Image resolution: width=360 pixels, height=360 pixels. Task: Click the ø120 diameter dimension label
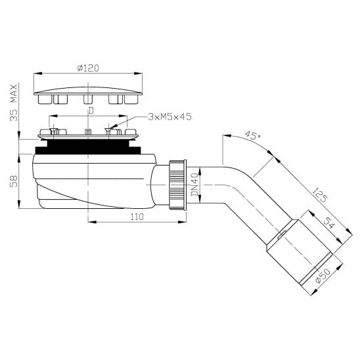88,68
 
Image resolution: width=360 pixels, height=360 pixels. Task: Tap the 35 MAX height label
14,102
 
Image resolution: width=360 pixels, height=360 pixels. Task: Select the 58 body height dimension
14,181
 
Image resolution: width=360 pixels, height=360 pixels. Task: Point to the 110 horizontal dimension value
137,217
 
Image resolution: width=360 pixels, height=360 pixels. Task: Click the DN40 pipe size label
194,185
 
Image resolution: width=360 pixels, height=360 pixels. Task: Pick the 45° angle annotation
252,135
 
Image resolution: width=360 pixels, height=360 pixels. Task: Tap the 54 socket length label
328,223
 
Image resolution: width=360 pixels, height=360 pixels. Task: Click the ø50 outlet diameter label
323,275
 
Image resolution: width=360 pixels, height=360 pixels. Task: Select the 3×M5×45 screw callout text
169,117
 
